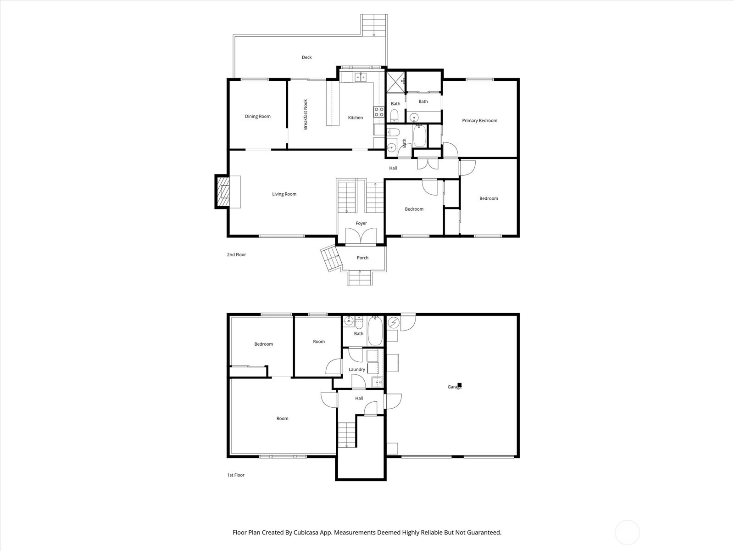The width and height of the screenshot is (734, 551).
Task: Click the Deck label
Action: click(x=306, y=57)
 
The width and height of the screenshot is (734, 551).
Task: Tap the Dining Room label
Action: click(x=257, y=117)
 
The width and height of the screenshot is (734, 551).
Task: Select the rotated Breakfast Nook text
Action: click(x=306, y=114)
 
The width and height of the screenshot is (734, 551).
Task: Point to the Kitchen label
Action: click(x=355, y=118)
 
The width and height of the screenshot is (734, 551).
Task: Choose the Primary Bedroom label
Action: click(x=479, y=121)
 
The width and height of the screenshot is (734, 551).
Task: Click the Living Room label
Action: click(x=284, y=194)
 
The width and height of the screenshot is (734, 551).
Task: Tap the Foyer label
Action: click(x=361, y=223)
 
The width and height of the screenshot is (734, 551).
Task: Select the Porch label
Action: click(x=362, y=258)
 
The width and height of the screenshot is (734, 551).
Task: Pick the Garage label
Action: click(x=455, y=387)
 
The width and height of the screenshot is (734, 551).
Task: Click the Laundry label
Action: click(x=357, y=369)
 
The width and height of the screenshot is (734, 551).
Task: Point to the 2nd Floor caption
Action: click(x=236, y=254)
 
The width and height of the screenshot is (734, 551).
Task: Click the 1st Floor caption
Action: click(x=236, y=475)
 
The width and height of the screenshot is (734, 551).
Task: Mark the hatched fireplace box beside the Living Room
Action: click(x=223, y=191)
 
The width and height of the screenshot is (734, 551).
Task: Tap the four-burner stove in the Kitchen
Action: click(x=379, y=112)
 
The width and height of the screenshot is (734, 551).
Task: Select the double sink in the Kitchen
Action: click(x=360, y=77)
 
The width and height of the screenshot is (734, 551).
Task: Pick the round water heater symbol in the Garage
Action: click(x=394, y=323)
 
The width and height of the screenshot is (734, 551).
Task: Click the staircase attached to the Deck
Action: click(x=374, y=25)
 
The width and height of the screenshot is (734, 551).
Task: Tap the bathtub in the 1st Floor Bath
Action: click(x=375, y=331)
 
